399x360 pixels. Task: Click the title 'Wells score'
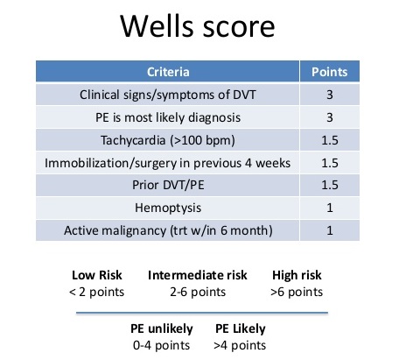coord(198,26)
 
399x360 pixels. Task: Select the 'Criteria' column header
coord(168,72)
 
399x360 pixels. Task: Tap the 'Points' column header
coord(330,72)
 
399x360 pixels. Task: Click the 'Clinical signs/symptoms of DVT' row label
coord(168,95)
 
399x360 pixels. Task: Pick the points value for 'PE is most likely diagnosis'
coord(330,117)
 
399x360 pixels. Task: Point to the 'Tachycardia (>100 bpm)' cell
coord(168,140)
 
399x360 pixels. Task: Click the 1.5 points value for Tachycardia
coord(330,140)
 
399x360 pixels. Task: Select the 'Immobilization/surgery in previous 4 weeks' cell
coord(167,163)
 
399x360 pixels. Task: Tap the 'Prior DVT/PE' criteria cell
coord(168,185)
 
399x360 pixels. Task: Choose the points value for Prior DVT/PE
coord(330,185)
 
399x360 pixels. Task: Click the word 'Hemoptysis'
coord(168,208)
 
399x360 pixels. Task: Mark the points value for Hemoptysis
coord(330,208)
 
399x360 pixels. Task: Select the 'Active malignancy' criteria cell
coord(168,230)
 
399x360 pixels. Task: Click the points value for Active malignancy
coord(330,230)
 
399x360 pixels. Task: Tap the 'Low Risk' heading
coord(97,275)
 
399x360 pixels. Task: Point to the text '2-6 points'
coord(198,292)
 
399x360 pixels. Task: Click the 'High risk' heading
coord(297,275)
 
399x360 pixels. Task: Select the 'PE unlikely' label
coord(162,328)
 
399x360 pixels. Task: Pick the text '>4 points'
coord(240,345)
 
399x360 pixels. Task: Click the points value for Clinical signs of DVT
coord(330,95)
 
